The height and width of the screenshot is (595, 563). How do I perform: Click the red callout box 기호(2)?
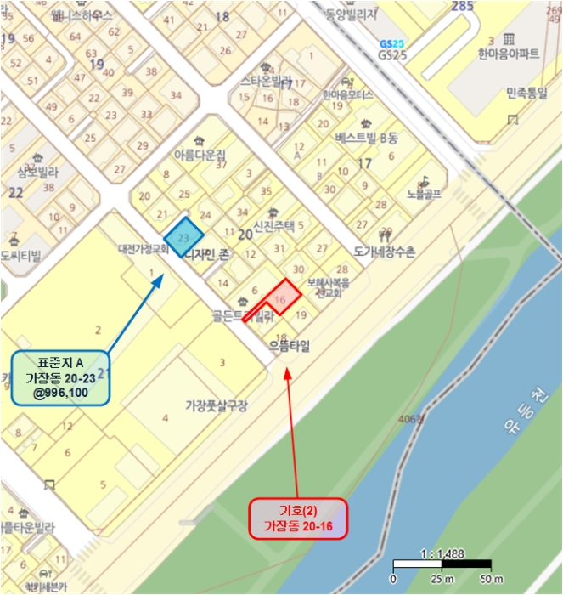point(298,518)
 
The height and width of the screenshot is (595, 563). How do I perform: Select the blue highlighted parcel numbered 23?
point(183,237)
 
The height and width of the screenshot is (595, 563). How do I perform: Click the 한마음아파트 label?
point(509,54)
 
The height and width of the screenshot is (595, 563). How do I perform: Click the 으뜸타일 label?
point(290,347)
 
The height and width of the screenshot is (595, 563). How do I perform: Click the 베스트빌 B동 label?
point(366,137)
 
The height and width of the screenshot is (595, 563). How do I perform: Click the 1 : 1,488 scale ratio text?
point(441,553)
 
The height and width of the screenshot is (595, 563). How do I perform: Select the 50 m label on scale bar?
point(490,579)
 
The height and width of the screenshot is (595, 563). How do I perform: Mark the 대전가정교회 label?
point(146,251)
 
